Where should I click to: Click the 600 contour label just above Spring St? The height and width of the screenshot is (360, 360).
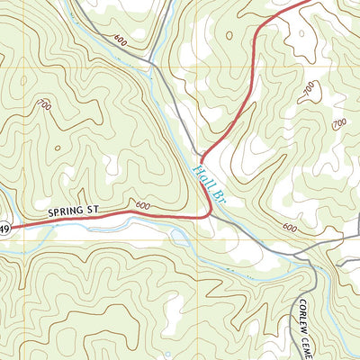pyautogui.click(x=140, y=204)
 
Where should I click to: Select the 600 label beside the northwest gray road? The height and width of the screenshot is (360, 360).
pyautogui.click(x=121, y=39)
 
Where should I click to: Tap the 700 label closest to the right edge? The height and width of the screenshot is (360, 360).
pyautogui.click(x=339, y=122)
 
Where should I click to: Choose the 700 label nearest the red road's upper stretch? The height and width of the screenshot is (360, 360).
pyautogui.click(x=310, y=88)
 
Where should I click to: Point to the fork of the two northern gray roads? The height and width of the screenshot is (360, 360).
pyautogui.click(x=151, y=63)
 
